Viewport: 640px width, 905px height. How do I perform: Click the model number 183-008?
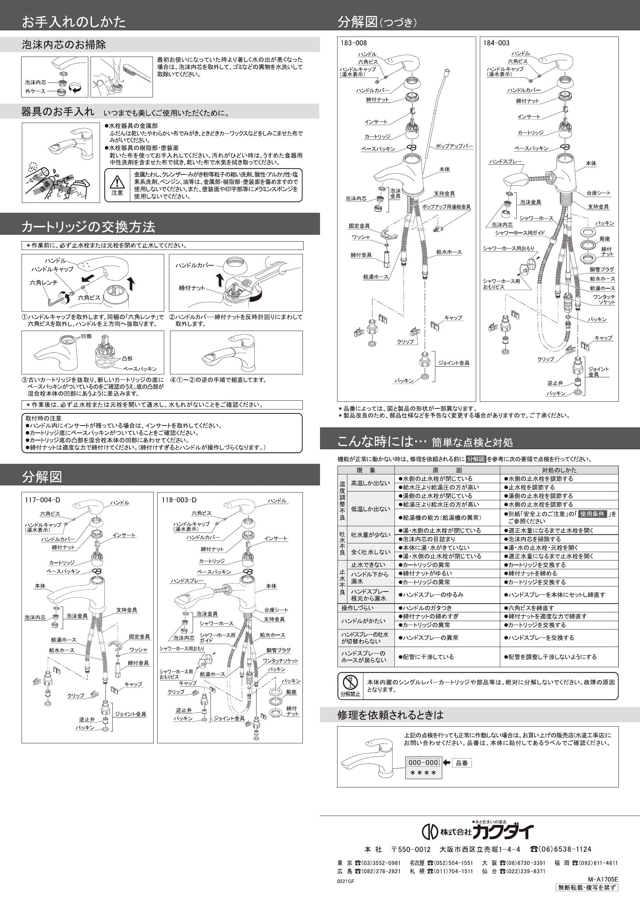(354, 43)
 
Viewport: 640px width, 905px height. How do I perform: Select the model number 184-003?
(496, 43)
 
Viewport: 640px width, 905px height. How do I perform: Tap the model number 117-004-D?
(43, 500)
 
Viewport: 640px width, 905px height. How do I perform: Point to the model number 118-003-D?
(179, 500)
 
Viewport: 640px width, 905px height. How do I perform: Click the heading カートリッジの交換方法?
(88, 227)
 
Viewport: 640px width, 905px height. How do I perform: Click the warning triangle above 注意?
(117, 182)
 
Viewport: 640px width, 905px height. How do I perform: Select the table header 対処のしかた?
(559, 470)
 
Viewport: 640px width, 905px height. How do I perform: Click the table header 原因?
(447, 470)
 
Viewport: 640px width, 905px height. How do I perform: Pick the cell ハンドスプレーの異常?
(430, 638)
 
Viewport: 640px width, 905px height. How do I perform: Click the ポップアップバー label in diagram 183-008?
(454, 146)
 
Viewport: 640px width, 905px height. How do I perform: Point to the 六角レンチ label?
(44, 282)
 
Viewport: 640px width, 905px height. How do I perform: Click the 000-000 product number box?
(423, 763)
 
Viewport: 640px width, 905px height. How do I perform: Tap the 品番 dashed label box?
(462, 763)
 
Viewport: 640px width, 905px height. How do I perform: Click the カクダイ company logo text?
(502, 832)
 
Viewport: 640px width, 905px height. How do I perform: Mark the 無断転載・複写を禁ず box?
(587, 887)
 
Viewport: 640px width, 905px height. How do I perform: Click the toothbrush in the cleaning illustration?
(136, 73)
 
